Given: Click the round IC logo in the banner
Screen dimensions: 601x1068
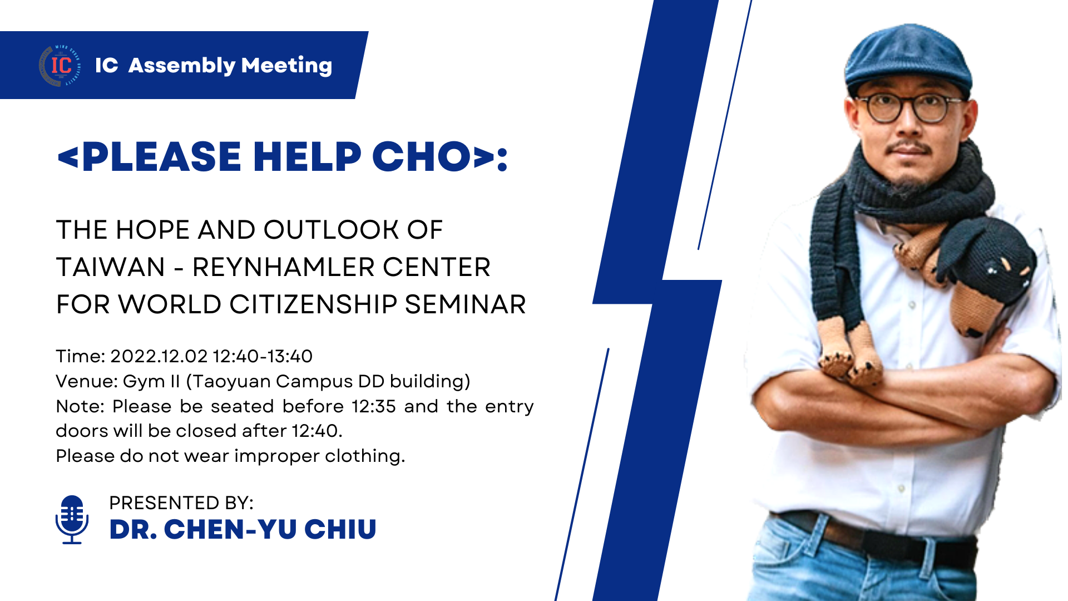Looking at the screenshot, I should (61, 66).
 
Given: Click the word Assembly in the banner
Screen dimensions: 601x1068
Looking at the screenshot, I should (182, 66).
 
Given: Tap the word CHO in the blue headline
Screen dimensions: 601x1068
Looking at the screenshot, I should (421, 156).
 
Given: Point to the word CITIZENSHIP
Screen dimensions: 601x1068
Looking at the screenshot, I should (313, 304).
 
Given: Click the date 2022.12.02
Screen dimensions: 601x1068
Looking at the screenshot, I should (159, 356).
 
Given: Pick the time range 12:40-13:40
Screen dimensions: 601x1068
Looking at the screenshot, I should (263, 356).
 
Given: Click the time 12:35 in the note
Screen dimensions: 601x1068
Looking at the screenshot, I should (374, 406).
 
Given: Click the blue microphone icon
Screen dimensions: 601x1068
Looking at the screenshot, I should (72, 519).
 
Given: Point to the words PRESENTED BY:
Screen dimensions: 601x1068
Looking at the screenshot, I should (181, 503).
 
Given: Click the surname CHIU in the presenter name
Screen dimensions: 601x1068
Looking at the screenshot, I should (340, 529).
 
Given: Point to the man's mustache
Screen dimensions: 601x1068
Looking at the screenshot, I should (909, 147).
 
